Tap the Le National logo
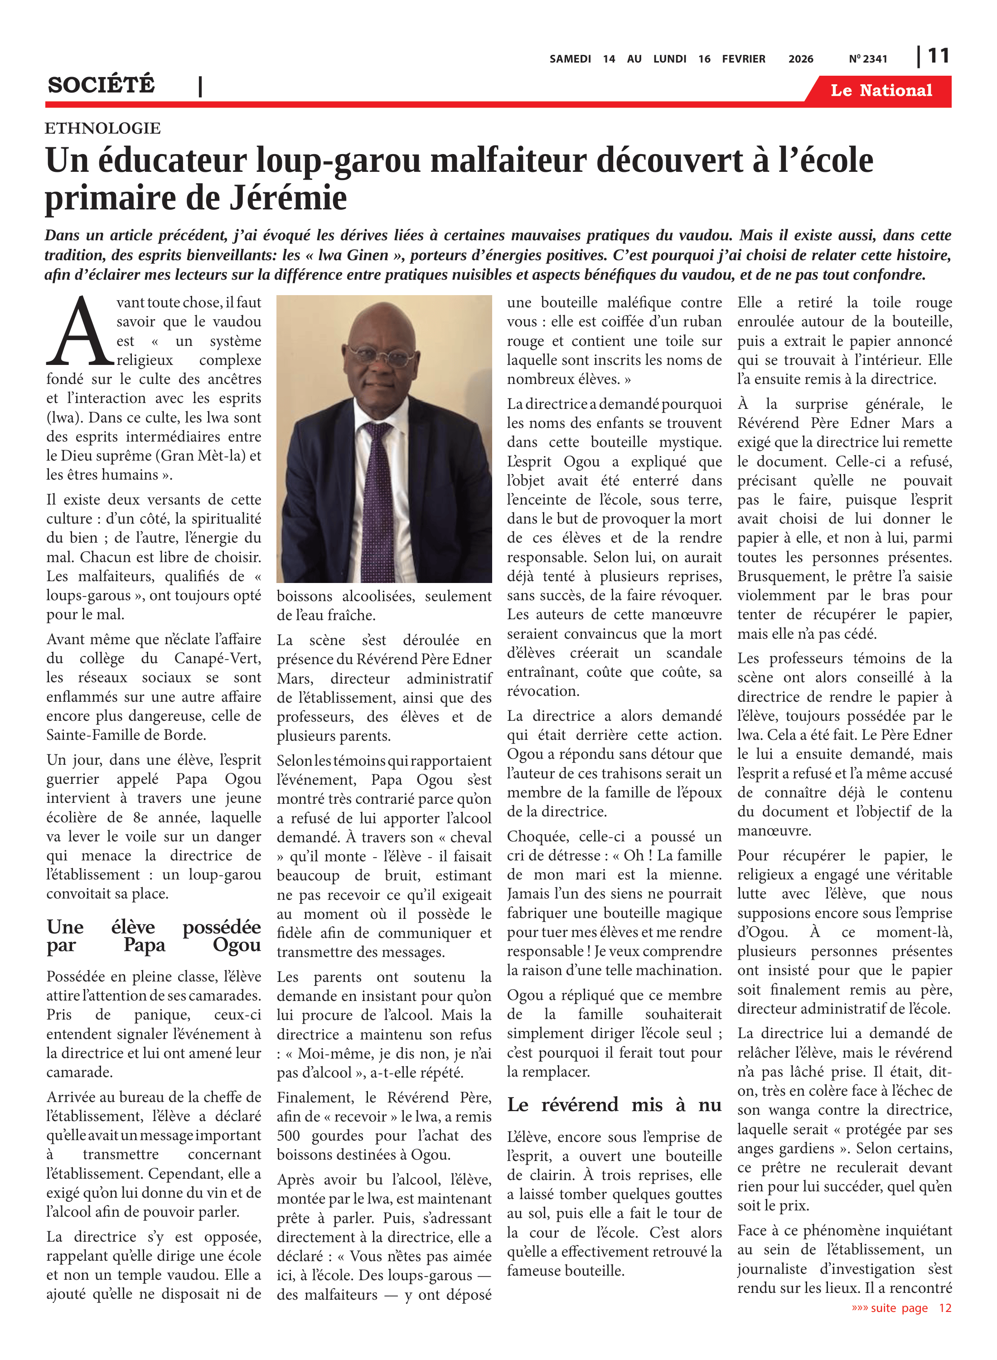click(881, 91)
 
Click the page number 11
click(938, 56)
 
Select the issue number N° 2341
click(868, 59)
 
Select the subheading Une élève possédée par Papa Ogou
click(153, 935)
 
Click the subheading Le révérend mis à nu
click(614, 1105)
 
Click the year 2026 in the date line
click(800, 59)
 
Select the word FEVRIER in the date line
click(744, 59)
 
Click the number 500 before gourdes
click(289, 1136)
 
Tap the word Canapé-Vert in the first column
click(217, 659)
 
